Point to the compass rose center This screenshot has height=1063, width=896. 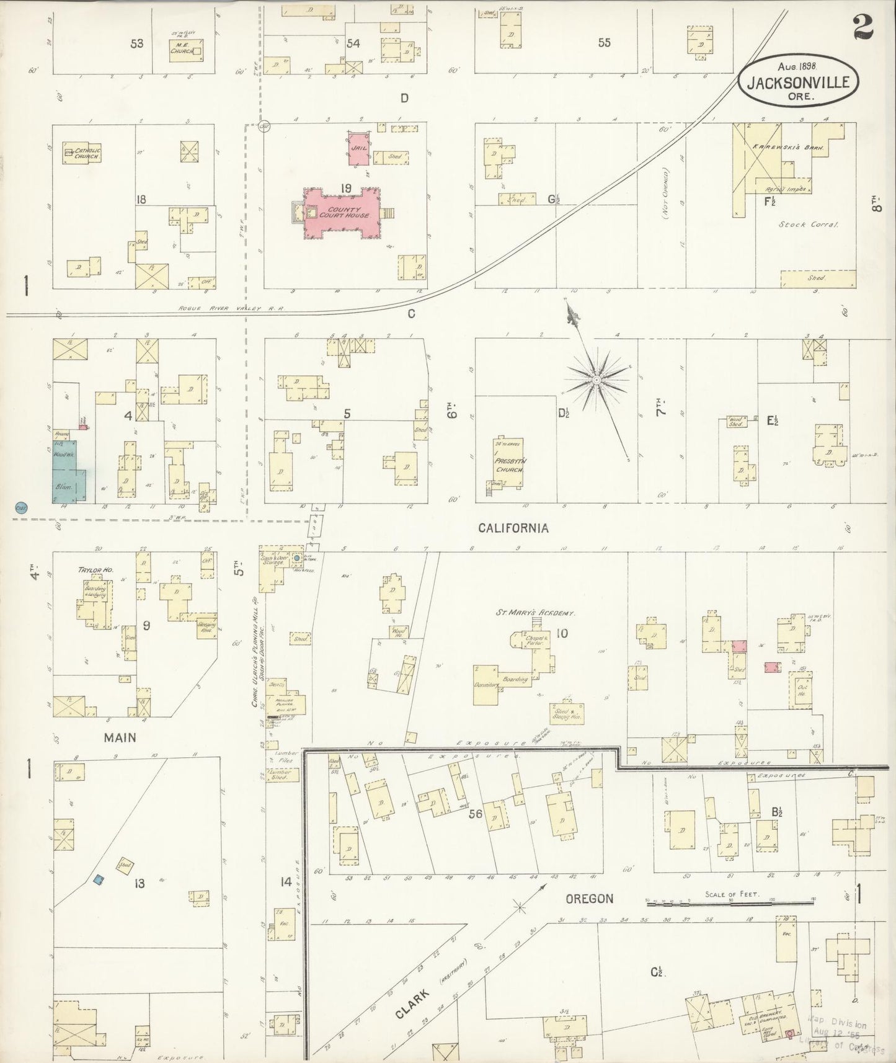click(596, 379)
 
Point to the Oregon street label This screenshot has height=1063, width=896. click(589, 898)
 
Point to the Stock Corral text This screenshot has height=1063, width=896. click(809, 225)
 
